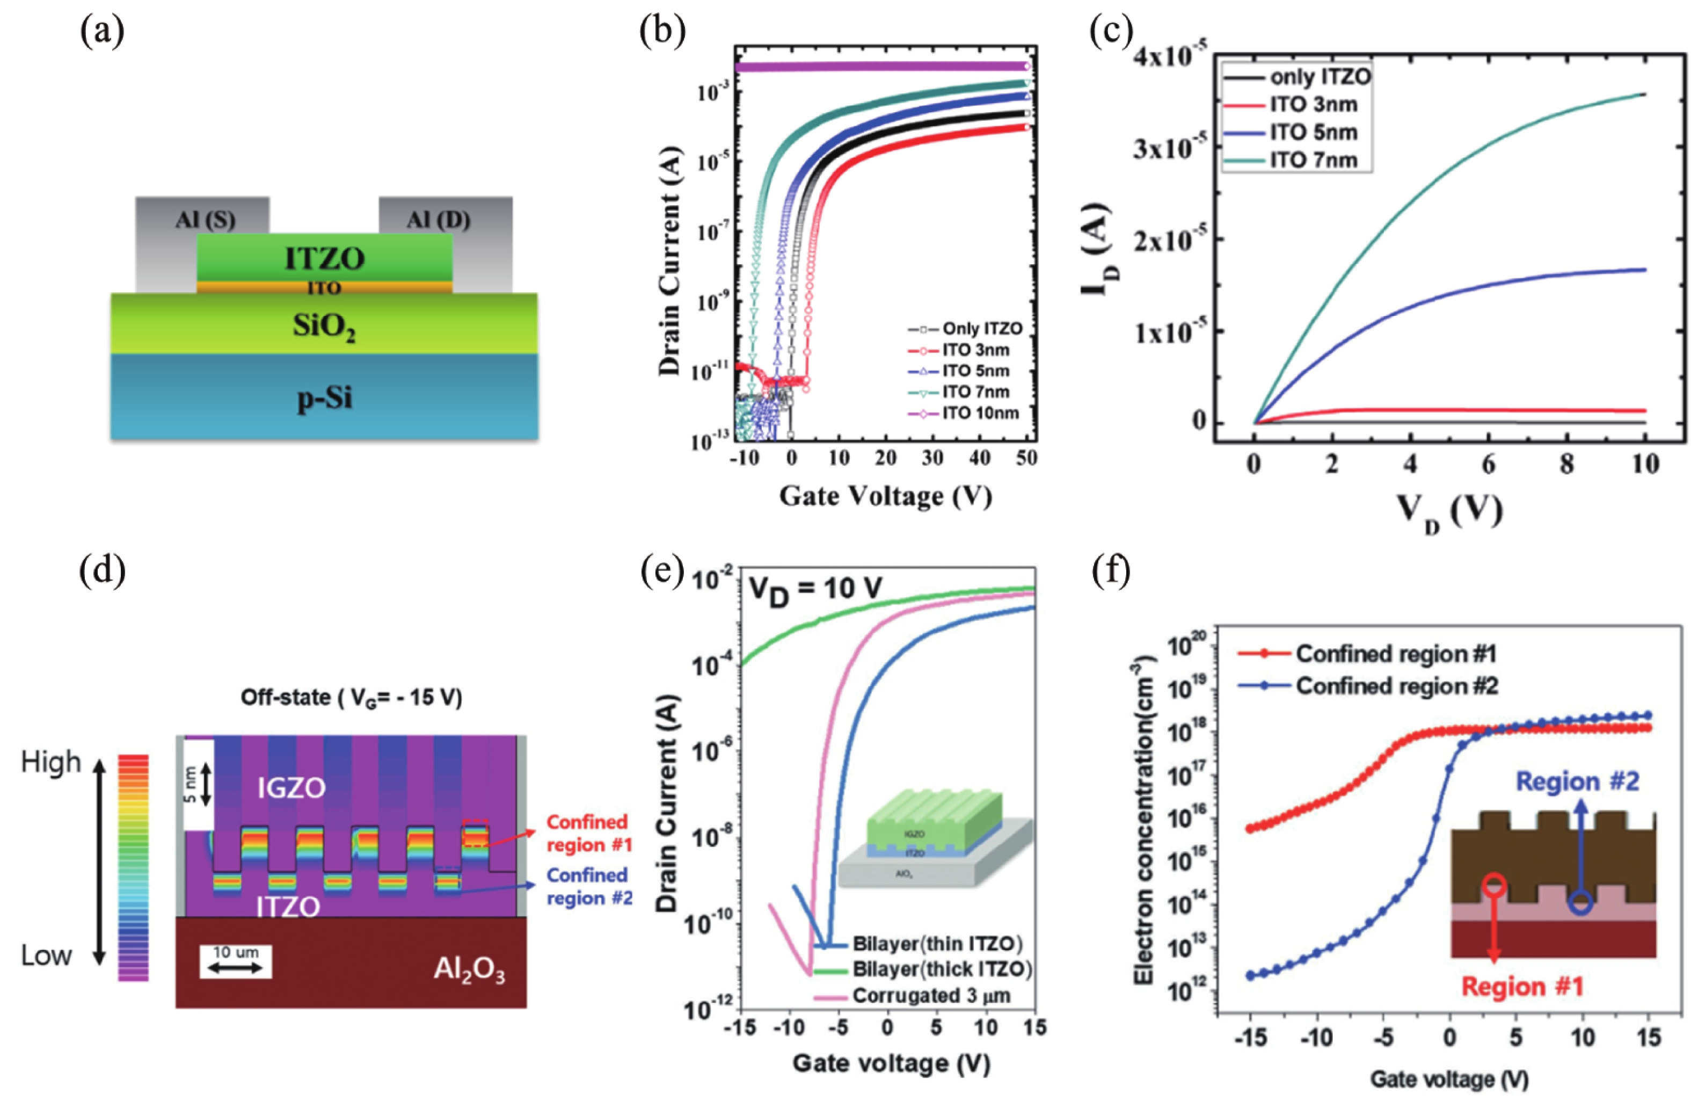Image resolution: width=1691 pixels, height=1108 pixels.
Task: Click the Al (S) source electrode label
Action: [205, 220]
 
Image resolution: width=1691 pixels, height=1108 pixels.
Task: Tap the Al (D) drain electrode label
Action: [439, 220]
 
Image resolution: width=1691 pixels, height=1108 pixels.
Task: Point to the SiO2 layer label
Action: [324, 328]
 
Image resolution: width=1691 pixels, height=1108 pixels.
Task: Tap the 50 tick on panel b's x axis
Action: [1026, 459]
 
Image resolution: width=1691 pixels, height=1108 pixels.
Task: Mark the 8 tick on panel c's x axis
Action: [1566, 466]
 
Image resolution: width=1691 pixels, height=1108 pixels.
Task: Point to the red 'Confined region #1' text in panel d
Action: [588, 833]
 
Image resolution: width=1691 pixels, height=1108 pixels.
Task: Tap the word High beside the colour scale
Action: [51, 762]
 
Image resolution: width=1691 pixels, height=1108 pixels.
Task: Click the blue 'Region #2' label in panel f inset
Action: [1577, 782]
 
